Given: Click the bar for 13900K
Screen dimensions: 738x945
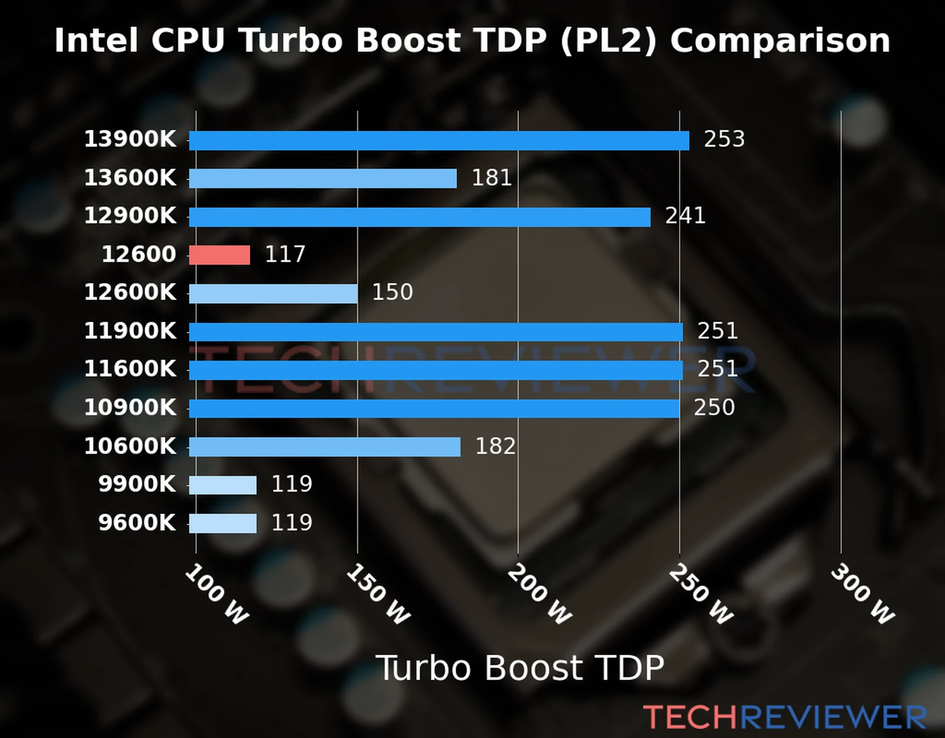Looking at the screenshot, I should (x=439, y=140).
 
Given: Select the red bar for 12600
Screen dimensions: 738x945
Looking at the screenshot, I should (x=220, y=255).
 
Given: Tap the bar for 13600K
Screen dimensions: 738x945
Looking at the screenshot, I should (x=322, y=178).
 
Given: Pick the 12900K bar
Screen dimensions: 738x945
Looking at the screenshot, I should (x=420, y=216).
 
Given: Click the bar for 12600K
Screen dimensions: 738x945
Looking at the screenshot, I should (x=273, y=293).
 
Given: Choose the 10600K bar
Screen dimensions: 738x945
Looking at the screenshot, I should (x=324, y=446).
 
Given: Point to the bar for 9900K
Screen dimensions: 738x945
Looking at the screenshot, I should (x=223, y=485).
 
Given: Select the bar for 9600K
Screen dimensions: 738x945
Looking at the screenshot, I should (x=223, y=523).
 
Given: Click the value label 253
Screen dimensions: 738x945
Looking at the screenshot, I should (x=724, y=139).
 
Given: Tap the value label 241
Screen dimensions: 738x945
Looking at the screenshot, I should (x=685, y=216).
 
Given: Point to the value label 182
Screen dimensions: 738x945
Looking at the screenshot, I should (x=495, y=446).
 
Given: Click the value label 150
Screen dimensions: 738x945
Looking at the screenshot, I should (x=392, y=292).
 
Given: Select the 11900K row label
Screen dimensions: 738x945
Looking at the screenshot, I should (x=130, y=331).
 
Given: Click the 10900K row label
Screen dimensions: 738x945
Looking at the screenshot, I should (x=130, y=407).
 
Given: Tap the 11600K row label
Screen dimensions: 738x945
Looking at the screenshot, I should (x=130, y=369).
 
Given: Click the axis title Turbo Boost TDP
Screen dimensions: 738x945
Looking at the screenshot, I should (x=520, y=668).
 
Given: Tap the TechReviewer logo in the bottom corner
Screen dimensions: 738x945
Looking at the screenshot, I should (x=784, y=717).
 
